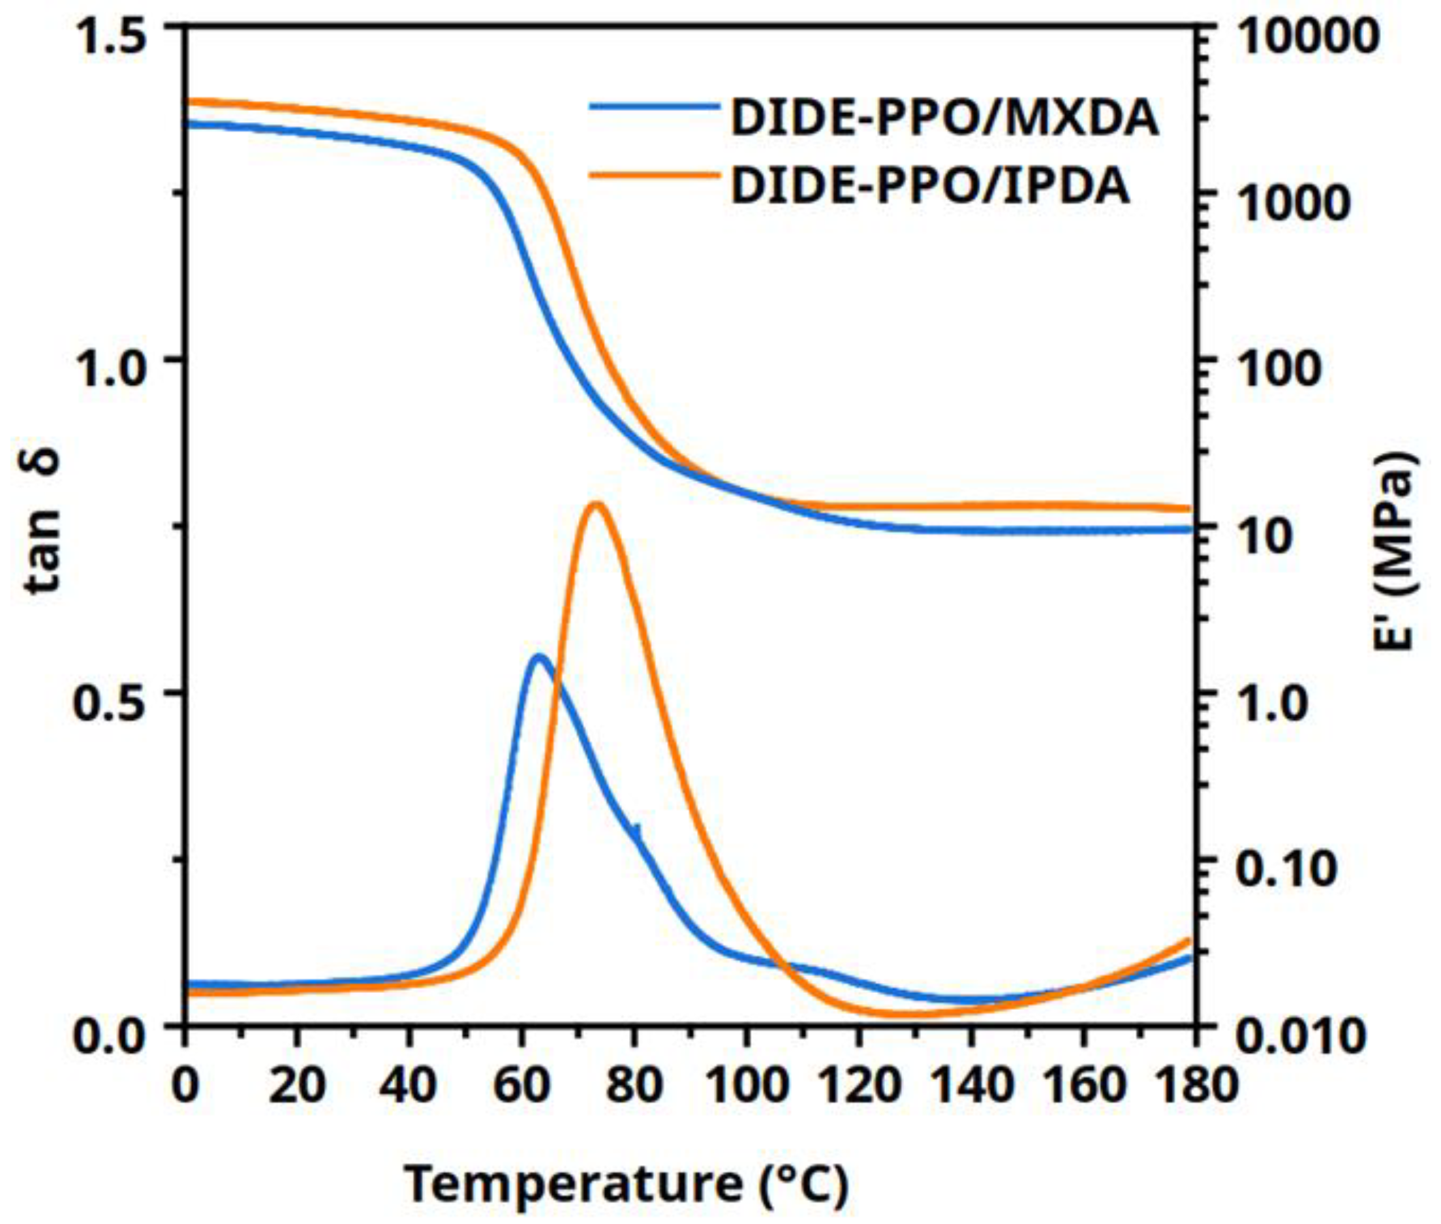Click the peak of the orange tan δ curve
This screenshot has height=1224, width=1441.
pyautogui.click(x=595, y=505)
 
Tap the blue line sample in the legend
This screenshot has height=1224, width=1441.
pyautogui.click(x=654, y=107)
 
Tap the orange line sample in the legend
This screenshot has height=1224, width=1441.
pyautogui.click(x=654, y=175)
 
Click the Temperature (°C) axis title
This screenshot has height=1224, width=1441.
pyautogui.click(x=626, y=1184)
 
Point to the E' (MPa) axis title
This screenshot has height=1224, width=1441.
pyautogui.click(x=1395, y=552)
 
